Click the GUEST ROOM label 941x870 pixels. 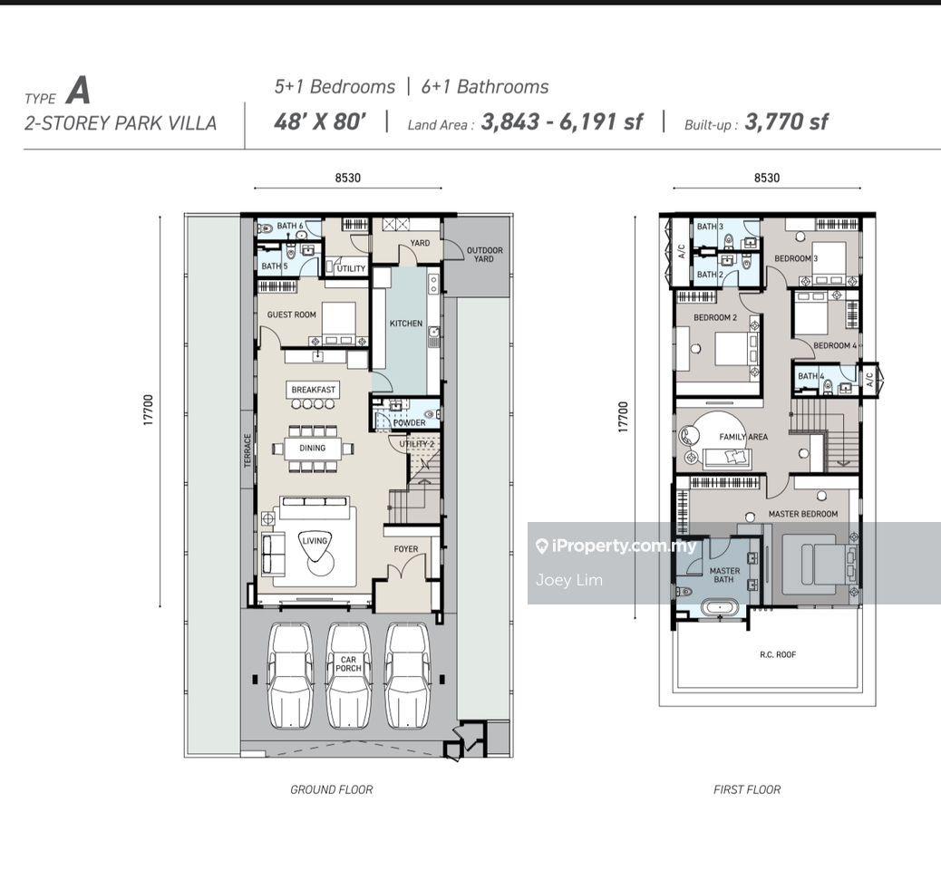pos(291,314)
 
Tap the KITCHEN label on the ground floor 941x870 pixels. pos(406,324)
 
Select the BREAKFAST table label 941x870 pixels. pos(314,390)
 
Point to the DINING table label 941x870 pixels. pos(312,448)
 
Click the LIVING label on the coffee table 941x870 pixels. pos(315,541)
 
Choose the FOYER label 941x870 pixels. pos(406,549)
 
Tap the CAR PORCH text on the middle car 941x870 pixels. pos(348,663)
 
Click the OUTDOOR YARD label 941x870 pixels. pos(484,255)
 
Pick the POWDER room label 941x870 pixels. pos(409,422)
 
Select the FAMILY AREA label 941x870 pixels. pos(743,437)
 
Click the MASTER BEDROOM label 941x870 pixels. pos(803,514)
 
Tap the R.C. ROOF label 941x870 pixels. pos(778,654)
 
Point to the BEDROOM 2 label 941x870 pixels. pos(714,317)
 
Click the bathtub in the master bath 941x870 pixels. pos(719,608)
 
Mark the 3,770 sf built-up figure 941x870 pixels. pos(786,121)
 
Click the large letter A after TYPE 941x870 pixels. pos(79,92)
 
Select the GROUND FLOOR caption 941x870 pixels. pos(331,789)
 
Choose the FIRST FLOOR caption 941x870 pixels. pos(747,789)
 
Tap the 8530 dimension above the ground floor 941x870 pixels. pos(348,178)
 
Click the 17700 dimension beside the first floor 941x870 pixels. pos(623,417)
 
